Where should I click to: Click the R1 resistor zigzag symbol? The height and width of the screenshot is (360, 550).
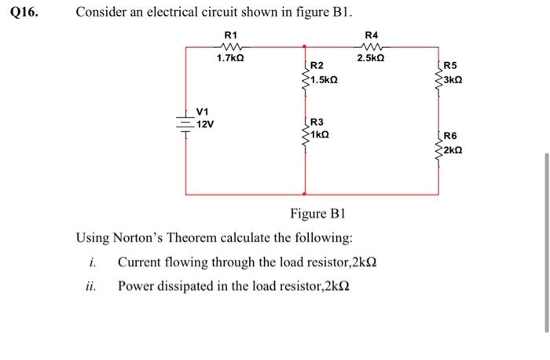(x=231, y=46)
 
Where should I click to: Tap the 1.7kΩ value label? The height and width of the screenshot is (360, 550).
(x=230, y=58)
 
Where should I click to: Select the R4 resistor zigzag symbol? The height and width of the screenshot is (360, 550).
(x=371, y=46)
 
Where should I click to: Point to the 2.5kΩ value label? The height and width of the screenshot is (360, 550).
(x=371, y=58)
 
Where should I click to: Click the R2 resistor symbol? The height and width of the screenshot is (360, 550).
(x=305, y=80)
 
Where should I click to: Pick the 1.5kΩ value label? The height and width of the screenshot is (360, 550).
(x=324, y=80)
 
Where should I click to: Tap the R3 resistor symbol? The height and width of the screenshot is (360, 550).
(x=305, y=135)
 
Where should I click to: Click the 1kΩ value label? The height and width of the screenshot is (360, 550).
(x=320, y=134)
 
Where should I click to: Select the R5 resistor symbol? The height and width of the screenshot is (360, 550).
(x=438, y=81)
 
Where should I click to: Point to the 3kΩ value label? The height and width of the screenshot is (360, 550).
(x=453, y=80)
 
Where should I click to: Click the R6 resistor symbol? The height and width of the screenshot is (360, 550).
(x=438, y=150)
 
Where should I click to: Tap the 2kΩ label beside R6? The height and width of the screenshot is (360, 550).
(x=453, y=150)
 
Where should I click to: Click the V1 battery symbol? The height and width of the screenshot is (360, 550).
(x=185, y=123)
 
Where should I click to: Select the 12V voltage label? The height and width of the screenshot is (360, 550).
(x=205, y=124)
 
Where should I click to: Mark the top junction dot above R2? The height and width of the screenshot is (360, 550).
(x=305, y=46)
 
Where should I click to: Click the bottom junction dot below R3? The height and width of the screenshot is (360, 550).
(x=305, y=193)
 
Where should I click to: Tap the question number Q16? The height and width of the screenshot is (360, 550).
(x=24, y=13)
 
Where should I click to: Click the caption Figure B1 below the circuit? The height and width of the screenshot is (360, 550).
(x=317, y=213)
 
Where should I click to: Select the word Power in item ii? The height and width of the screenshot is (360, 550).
(x=136, y=286)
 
